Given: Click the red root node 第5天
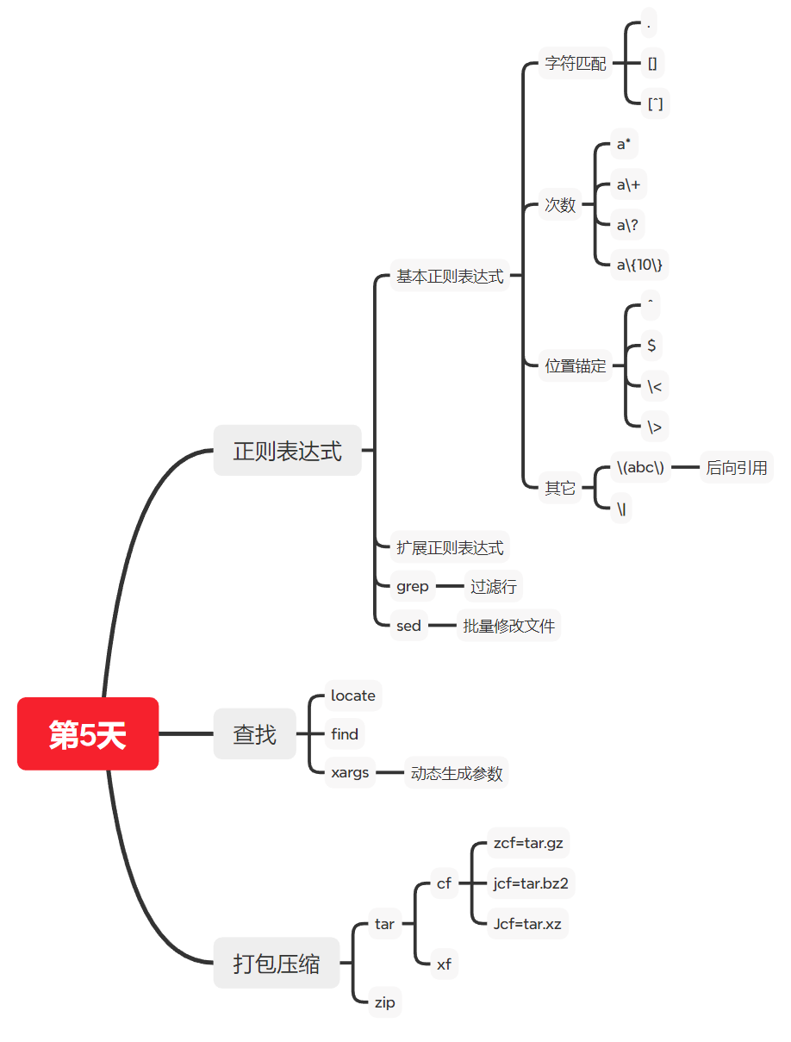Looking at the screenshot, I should pyautogui.click(x=88, y=733).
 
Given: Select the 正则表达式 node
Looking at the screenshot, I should pyautogui.click(x=287, y=450).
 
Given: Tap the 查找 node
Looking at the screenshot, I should pyautogui.click(x=254, y=734).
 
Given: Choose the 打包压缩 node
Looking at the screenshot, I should pyautogui.click(x=276, y=963).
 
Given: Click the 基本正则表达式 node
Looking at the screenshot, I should pyautogui.click(x=450, y=277).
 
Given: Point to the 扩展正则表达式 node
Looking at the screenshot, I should pyautogui.click(x=450, y=547).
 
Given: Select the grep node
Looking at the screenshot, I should pyautogui.click(x=412, y=587).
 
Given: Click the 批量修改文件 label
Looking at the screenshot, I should pyautogui.click(x=508, y=626).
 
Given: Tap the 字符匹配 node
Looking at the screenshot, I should pyautogui.click(x=576, y=64).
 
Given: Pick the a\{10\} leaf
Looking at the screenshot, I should pyautogui.click(x=640, y=265).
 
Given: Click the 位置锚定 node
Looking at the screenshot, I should pyautogui.click(x=576, y=365).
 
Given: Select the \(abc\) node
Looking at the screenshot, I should pyautogui.click(x=640, y=468).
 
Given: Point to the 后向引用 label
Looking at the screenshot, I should pyautogui.click(x=736, y=468).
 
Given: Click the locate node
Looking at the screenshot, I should pyautogui.click(x=352, y=696).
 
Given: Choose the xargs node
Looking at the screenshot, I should pyautogui.click(x=350, y=772).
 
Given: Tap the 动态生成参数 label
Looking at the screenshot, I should pyautogui.click(x=456, y=773).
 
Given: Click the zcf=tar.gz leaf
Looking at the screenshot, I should pyautogui.click(x=528, y=843).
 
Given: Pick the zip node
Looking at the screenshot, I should pyautogui.click(x=384, y=1001).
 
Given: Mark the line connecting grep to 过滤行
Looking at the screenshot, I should pyautogui.click(x=449, y=587).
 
